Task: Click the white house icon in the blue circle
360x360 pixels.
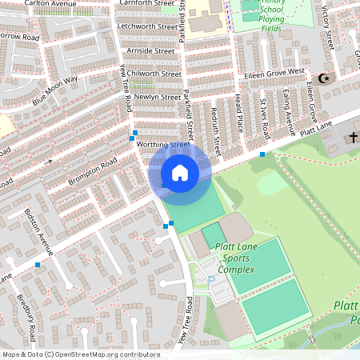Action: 180,173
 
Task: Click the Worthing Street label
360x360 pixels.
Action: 162,145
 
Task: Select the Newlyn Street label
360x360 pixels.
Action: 157,97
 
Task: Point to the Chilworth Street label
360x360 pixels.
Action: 153,74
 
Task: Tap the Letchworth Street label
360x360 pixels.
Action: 146,26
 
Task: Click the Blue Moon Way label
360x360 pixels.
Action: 55,91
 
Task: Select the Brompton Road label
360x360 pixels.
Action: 93,171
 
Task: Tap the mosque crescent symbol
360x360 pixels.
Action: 324,78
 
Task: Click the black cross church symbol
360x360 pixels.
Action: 353,138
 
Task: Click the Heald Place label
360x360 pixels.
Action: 238,111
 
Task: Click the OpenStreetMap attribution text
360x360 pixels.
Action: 80,354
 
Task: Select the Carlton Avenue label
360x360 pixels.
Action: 50,5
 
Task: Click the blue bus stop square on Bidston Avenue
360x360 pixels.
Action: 38,263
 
